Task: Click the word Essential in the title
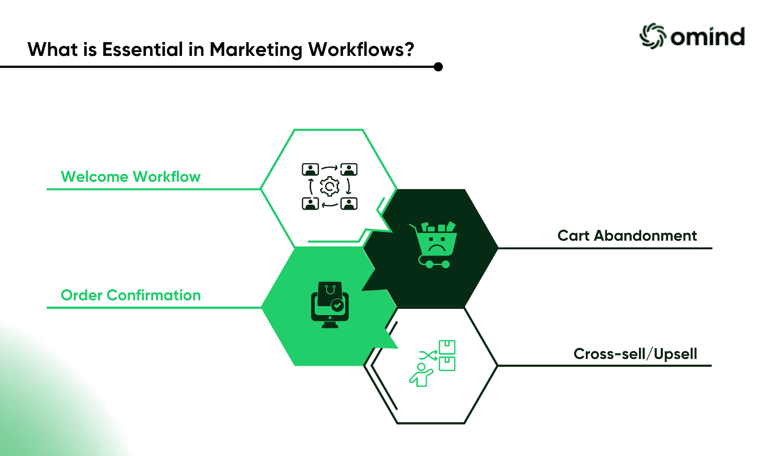point(143,49)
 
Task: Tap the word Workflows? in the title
point(361,49)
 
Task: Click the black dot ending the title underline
point(438,67)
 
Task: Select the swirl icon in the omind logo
point(653,36)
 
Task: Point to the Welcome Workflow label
point(131,177)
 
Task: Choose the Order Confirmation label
point(131,295)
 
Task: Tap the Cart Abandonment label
point(627,235)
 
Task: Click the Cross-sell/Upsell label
point(635,354)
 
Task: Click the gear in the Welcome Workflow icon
point(329,187)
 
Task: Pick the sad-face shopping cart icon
point(433,245)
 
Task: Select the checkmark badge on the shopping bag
point(337,305)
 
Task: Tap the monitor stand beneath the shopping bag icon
point(330,325)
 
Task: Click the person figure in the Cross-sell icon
point(421,375)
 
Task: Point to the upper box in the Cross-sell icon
point(447,347)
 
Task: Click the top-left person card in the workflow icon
point(310,170)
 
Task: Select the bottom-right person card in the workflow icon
point(349,204)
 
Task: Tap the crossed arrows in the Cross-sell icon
point(428,356)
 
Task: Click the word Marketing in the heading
point(256,50)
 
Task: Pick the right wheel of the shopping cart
point(446,264)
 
